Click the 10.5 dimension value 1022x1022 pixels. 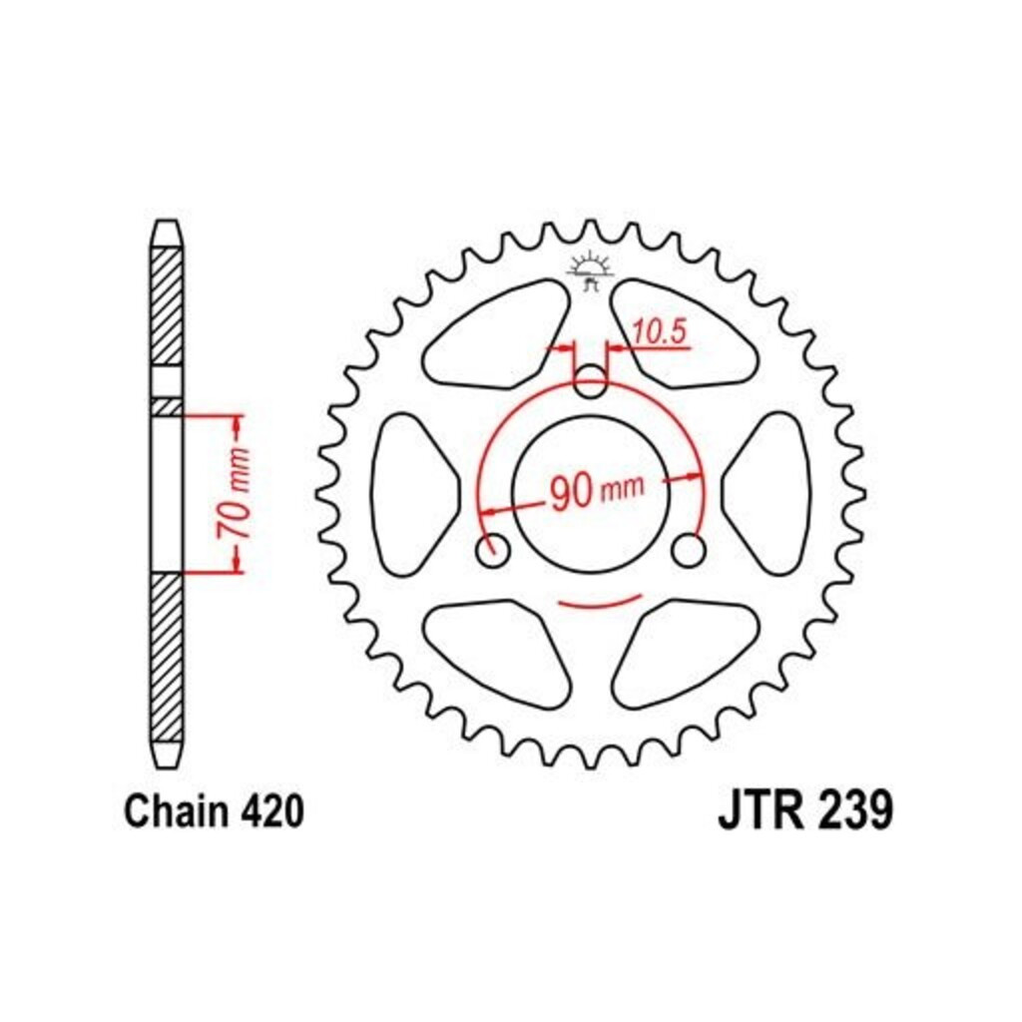click(660, 331)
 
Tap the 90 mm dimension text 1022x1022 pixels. click(597, 491)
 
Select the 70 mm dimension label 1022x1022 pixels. click(234, 493)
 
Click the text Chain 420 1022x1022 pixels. click(215, 811)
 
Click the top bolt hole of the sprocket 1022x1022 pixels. click(591, 382)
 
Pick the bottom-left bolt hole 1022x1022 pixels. click(493, 551)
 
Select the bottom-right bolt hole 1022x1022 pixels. click(689, 551)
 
